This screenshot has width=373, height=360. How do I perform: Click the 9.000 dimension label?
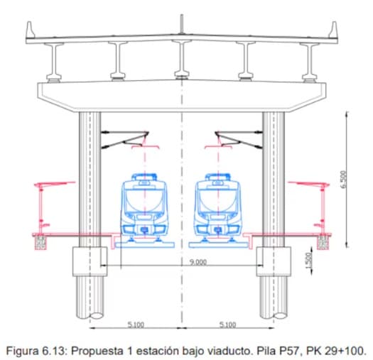click(x=198, y=262)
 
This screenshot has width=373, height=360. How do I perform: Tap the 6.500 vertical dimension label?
click(x=343, y=179)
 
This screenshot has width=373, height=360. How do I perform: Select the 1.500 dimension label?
click(x=308, y=261)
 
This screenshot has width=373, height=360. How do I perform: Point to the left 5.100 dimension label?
click(x=136, y=324)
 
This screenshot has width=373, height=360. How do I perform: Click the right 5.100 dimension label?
click(x=227, y=324)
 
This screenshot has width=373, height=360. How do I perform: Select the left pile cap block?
click(x=90, y=261)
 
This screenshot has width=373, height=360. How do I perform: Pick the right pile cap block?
click(x=274, y=261)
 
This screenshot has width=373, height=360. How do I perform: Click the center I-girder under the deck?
click(x=182, y=60)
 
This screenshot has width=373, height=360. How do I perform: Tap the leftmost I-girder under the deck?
click(x=54, y=62)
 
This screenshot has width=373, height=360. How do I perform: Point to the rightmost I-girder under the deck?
click(x=310, y=62)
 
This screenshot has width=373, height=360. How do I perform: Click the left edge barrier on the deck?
click(x=31, y=30)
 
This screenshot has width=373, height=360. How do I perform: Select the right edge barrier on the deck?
click(x=333, y=30)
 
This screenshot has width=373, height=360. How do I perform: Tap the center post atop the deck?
click(x=182, y=24)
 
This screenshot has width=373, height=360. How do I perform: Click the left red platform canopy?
click(x=55, y=184)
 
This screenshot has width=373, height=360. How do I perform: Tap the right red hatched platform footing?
click(x=323, y=243)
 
